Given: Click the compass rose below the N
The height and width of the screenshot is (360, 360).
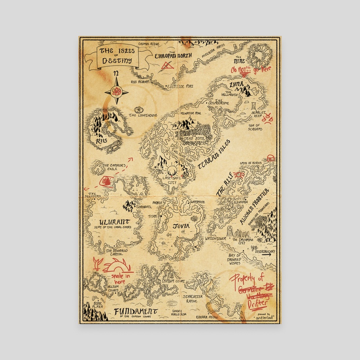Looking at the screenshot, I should pos(116,92).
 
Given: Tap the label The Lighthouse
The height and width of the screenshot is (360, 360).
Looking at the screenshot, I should pos(143,115).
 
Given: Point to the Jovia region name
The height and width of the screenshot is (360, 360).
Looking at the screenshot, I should pos(181,226).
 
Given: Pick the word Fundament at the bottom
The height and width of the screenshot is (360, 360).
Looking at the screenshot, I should pos(136,311).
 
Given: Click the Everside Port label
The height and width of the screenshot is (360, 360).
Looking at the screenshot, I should pos(180,86).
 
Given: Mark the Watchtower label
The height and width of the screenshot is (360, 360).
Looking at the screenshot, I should pos(216,238).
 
